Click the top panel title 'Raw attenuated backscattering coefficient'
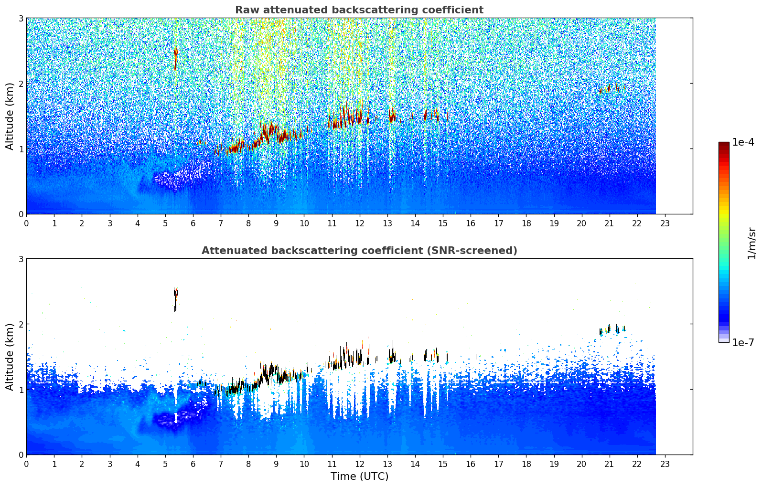[359, 10]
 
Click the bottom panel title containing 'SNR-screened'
[359, 250]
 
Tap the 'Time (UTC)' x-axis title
[359, 476]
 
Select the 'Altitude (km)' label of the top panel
[10, 116]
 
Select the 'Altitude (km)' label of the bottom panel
[10, 357]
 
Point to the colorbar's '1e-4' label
[743, 142]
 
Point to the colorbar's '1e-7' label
[743, 342]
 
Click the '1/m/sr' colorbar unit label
[751, 243]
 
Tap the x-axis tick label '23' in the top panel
[665, 223]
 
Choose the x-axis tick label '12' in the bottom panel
[360, 464]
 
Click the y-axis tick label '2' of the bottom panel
[21, 324]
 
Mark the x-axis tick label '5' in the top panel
[165, 223]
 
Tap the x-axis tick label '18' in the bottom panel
[526, 464]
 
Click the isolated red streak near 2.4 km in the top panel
[175, 58]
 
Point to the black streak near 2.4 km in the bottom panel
[175, 299]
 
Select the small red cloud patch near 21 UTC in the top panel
[612, 89]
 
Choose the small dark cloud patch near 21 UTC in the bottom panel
[612, 329]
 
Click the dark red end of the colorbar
[724, 145]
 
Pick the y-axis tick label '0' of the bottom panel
[21, 455]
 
